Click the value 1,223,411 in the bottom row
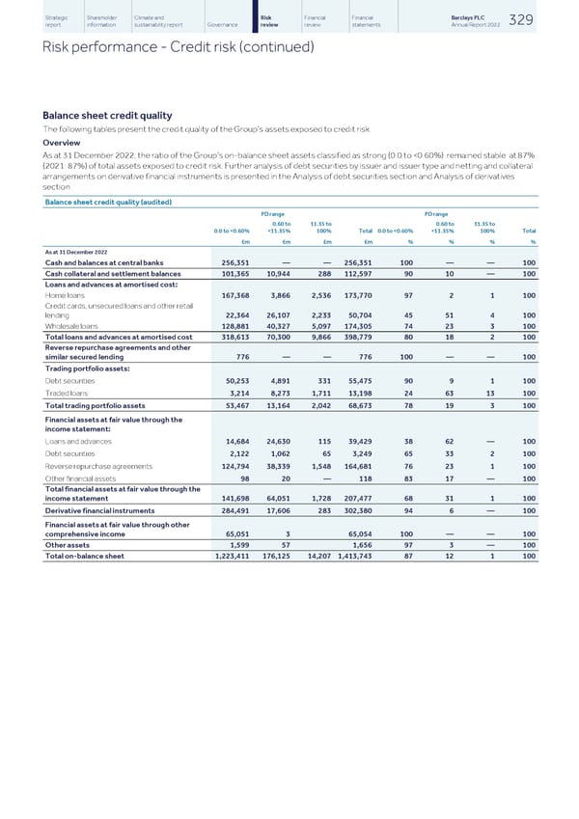coord(231,556)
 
